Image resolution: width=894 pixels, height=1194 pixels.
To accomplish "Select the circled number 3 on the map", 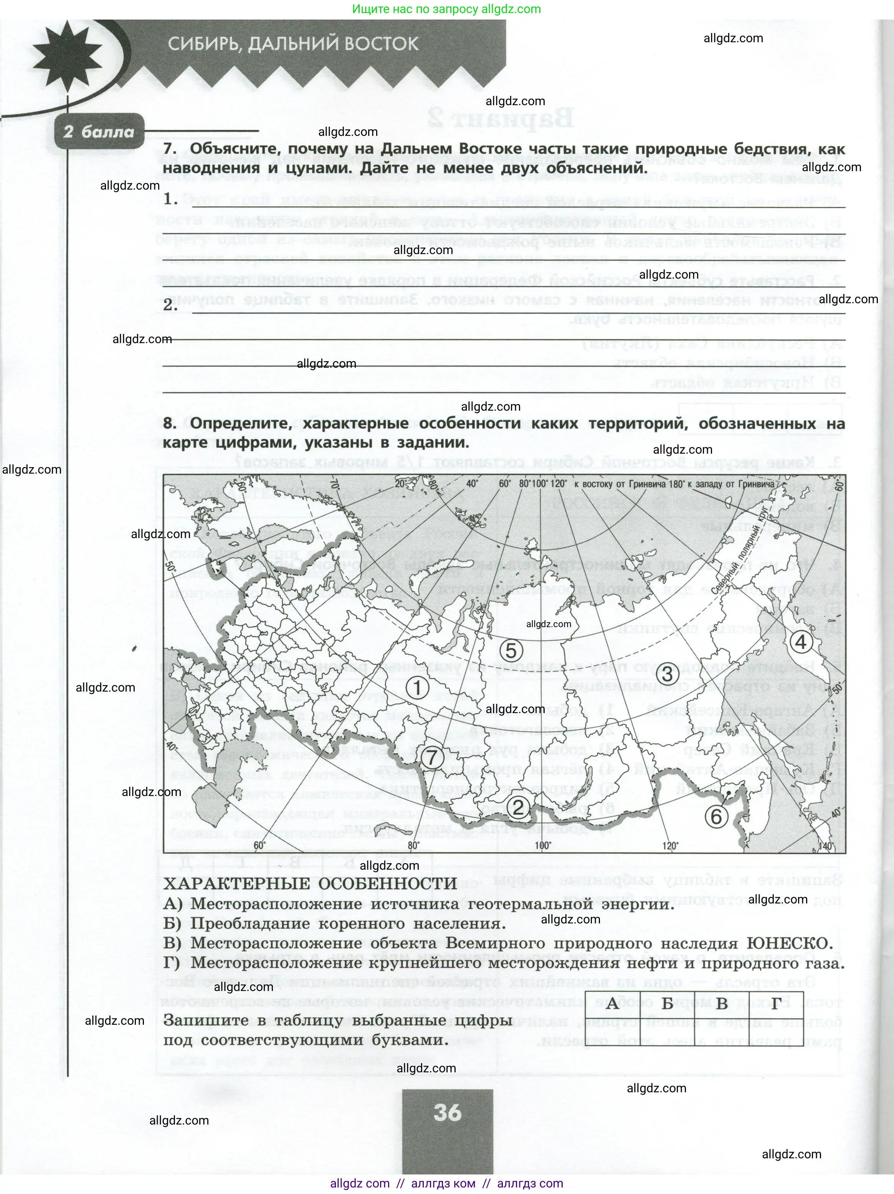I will coord(667,674).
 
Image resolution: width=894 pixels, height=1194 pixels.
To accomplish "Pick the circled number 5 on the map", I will coord(511,650).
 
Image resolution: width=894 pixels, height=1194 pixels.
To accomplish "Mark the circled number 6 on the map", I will coord(716,817).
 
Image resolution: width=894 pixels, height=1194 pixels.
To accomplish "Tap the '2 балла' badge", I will coord(99,132).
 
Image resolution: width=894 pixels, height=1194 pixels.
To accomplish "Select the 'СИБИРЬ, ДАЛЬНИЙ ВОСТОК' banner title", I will coord(293,44).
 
